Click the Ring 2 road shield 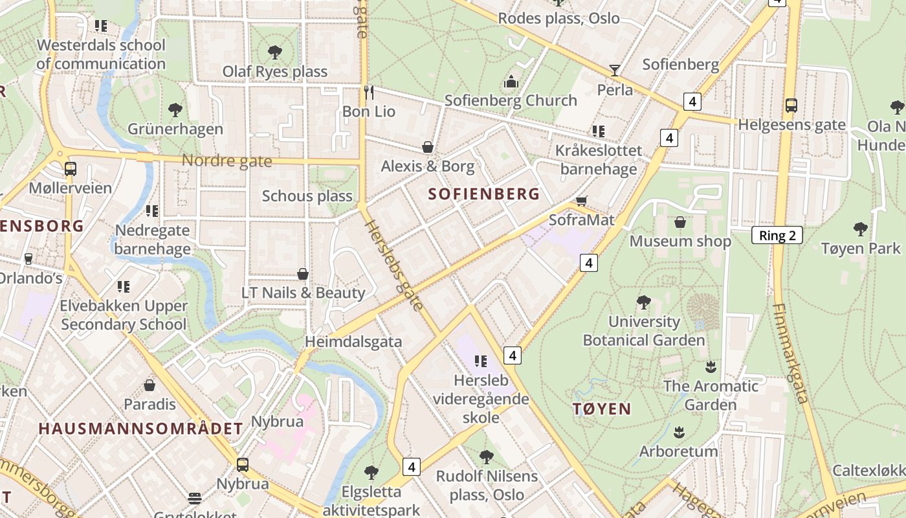tap(777, 235)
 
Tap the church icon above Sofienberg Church tap(511, 82)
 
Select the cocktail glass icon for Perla tap(614, 70)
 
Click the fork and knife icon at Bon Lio tap(368, 92)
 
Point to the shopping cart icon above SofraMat tap(581, 201)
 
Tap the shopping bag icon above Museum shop tap(680, 223)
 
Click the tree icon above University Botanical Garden tap(643, 302)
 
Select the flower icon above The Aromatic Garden tap(711, 367)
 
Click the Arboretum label tap(678, 451)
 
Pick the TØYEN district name tap(601, 409)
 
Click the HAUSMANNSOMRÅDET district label tap(140, 429)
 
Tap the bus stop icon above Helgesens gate tap(791, 106)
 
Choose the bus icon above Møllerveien tap(70, 169)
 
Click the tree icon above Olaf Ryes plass tap(274, 52)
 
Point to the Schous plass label tap(307, 196)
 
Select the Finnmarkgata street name tap(790, 354)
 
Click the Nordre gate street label tap(226, 161)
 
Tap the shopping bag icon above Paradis tap(149, 385)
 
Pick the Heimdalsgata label tap(353, 341)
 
